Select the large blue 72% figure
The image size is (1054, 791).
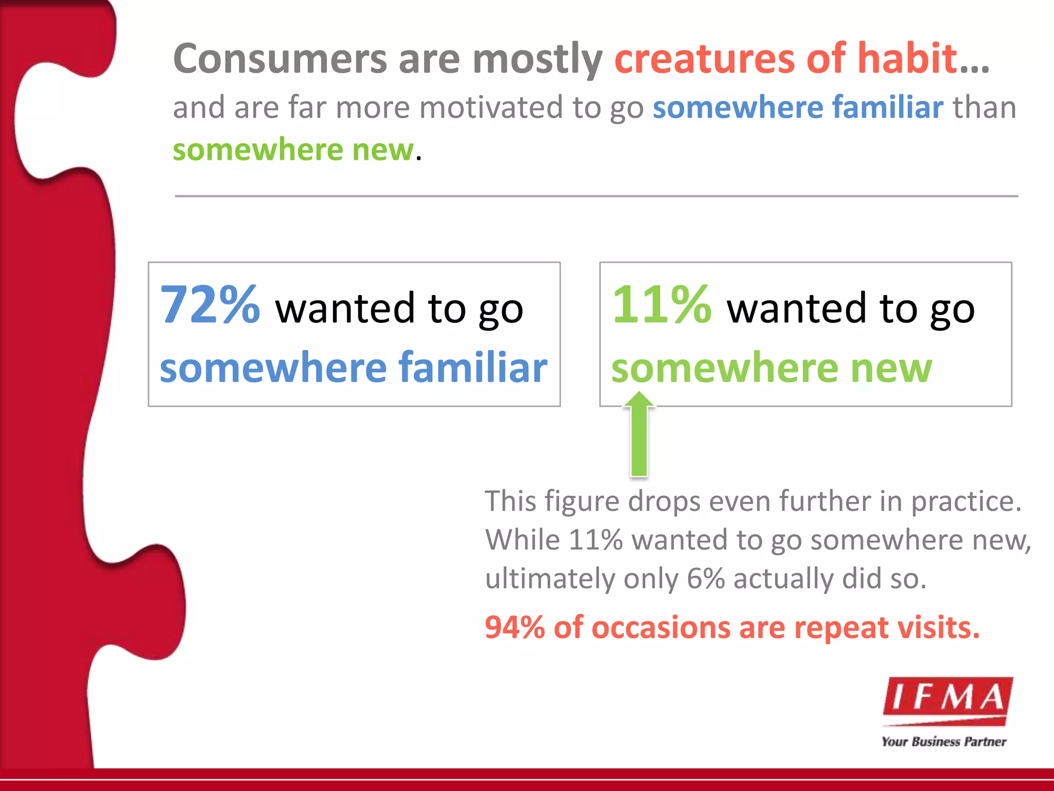coord(210,305)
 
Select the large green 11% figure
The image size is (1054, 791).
coord(662,305)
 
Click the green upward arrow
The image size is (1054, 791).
coord(639,435)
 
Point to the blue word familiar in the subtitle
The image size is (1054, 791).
coord(888,108)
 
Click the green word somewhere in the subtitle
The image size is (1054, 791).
coord(257,150)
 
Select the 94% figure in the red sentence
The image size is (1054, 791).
coord(515,628)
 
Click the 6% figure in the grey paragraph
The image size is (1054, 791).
coord(706,579)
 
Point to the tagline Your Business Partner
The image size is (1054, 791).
coord(943,742)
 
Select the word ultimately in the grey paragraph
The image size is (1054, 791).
coord(549,579)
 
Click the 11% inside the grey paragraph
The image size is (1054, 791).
coord(595,540)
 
